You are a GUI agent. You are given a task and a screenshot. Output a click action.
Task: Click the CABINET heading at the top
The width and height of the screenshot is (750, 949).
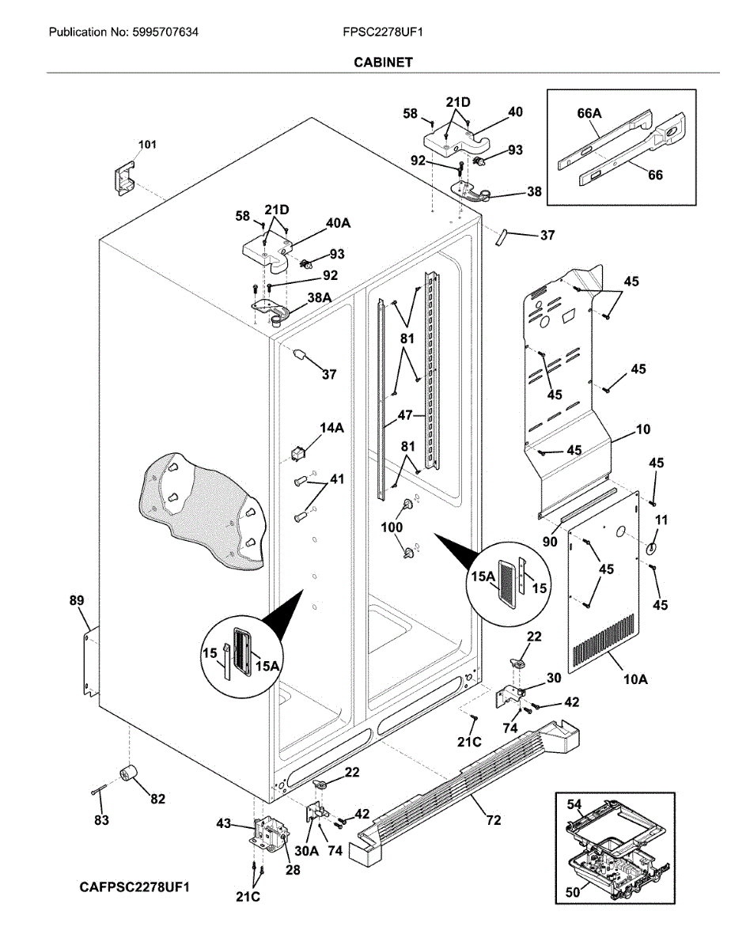click(383, 62)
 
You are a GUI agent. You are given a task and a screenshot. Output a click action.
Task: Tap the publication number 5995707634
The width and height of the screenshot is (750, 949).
click(165, 32)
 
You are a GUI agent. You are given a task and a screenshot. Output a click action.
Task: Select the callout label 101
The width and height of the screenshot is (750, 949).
click(147, 145)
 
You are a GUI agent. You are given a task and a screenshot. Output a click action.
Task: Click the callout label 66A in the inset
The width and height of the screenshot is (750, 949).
click(589, 114)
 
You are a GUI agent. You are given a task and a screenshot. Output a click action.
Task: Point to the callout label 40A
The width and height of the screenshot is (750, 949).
click(339, 223)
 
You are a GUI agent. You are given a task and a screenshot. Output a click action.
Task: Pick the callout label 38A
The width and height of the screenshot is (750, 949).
click(320, 297)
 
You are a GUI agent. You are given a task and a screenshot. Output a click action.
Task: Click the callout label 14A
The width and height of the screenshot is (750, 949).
click(331, 427)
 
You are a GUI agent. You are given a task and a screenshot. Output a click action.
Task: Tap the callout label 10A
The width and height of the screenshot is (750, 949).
click(636, 679)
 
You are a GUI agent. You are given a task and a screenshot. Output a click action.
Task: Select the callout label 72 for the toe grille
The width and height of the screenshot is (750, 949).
click(494, 820)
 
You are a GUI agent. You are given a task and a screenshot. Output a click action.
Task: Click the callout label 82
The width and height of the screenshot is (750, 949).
click(157, 799)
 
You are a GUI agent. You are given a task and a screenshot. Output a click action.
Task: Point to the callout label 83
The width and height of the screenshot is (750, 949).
click(101, 820)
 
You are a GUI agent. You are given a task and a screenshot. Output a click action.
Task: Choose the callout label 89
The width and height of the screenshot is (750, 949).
click(76, 600)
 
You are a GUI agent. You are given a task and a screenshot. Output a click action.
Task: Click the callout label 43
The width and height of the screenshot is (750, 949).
click(224, 823)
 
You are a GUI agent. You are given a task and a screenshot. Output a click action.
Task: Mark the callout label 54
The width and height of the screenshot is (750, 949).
click(574, 804)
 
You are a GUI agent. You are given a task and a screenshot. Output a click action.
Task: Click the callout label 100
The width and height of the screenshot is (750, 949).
click(392, 527)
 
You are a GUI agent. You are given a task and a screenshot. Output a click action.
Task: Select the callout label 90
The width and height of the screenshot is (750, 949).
click(550, 541)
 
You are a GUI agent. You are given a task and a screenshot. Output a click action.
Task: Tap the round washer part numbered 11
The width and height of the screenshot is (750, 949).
click(651, 549)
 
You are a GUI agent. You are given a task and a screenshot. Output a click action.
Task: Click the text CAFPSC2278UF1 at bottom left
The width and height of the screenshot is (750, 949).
click(134, 887)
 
